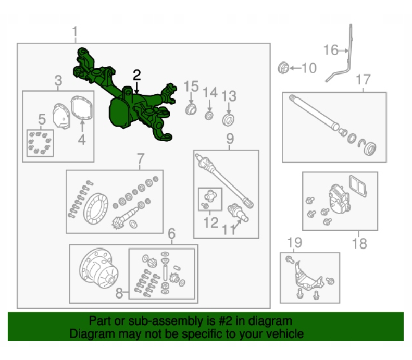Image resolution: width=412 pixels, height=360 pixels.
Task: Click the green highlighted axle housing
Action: (123, 105)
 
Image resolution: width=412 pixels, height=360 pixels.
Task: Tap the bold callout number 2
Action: (136, 75)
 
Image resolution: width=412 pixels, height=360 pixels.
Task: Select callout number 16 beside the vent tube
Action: (331, 50)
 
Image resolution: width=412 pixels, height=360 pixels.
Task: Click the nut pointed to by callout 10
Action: (283, 68)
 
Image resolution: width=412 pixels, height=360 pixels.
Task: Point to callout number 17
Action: (364, 79)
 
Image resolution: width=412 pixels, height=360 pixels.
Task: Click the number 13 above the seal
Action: (229, 96)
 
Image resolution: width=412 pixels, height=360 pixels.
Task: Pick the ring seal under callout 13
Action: (228, 120)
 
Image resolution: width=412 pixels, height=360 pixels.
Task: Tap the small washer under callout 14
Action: (209, 115)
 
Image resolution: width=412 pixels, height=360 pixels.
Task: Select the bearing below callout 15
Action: (191, 109)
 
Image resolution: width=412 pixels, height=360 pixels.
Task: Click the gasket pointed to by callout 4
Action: (81, 108)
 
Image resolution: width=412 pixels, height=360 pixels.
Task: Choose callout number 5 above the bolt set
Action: (42, 119)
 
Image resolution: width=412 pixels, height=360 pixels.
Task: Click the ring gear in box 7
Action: (96, 209)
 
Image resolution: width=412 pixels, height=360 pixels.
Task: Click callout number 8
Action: (119, 293)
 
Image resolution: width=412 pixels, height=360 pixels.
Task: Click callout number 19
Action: (295, 242)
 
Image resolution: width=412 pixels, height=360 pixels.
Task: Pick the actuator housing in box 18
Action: (340, 198)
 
